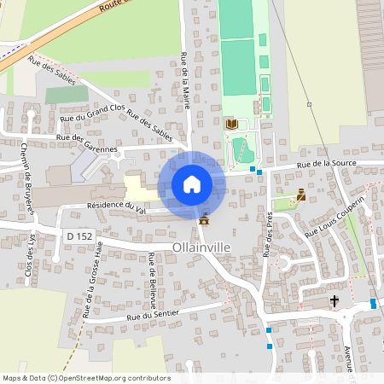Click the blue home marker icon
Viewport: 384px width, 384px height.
[x=192, y=184]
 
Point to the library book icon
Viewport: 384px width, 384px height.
[x=231, y=125]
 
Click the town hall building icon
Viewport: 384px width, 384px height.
[x=203, y=220]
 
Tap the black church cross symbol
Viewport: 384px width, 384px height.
[x=335, y=300]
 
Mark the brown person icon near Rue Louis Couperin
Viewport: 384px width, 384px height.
[x=300, y=195]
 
